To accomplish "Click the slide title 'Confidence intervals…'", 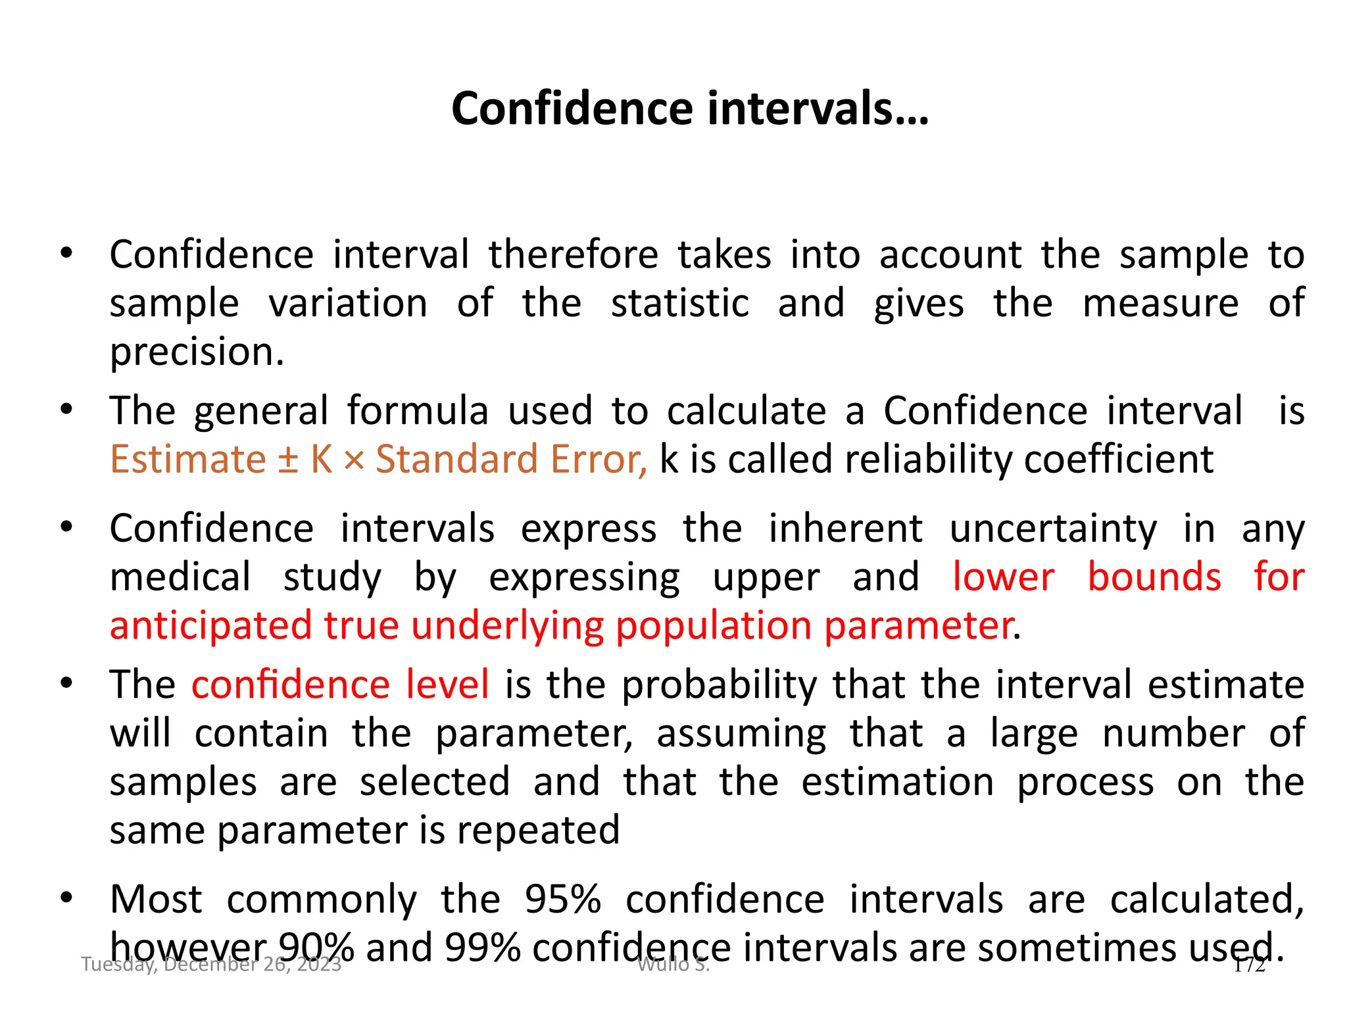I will point(690,108).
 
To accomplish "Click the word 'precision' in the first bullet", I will point(196,352).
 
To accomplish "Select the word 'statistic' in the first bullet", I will point(679,304).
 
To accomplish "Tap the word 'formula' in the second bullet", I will point(418,411).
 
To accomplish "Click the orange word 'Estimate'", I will point(187,459).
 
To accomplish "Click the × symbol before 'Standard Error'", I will point(353,460).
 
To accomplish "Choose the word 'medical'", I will point(180,577).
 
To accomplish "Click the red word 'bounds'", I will point(1154,577).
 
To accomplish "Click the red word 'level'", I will point(447,685).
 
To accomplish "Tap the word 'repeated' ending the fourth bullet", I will point(538,830).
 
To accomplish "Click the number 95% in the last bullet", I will point(563,900).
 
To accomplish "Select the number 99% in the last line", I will point(483,948).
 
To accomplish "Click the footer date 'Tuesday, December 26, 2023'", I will point(211,965).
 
